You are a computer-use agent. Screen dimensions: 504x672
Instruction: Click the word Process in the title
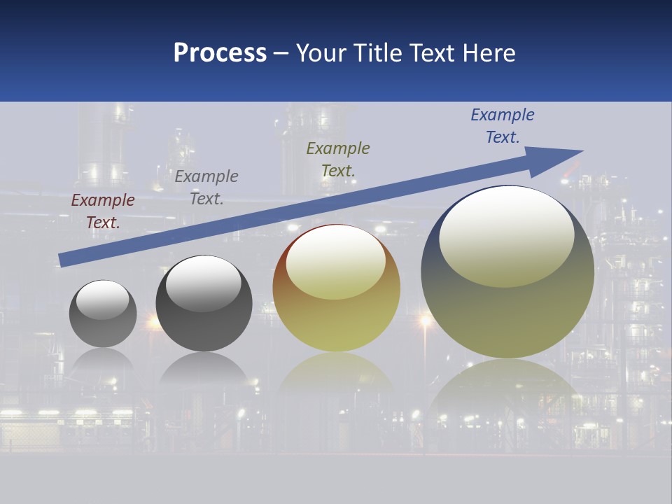220,53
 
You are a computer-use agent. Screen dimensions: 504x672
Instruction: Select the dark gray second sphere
204,329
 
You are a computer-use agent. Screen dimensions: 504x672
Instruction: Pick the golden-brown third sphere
336,322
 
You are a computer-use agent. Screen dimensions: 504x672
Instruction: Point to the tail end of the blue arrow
63,260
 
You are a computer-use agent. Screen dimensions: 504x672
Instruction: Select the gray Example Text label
206,188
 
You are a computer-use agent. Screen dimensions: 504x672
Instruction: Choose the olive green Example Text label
338,160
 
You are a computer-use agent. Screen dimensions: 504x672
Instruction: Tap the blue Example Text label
503,126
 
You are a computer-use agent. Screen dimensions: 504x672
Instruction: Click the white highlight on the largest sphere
506,237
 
